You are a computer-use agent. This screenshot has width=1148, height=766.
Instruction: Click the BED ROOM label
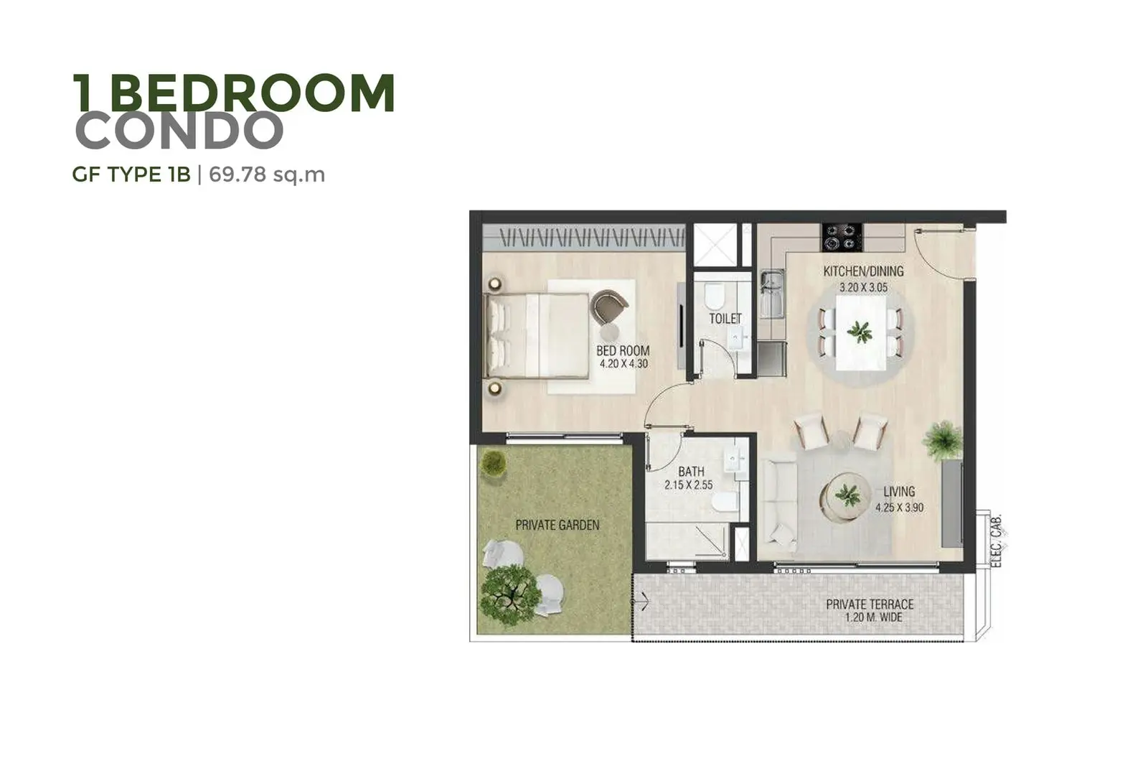[x=623, y=351]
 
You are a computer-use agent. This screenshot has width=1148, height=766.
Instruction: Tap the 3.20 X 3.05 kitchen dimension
[x=863, y=288]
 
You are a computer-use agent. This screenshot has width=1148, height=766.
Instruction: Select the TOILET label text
[x=725, y=319]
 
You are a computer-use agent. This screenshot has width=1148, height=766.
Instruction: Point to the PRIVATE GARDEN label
[x=557, y=525]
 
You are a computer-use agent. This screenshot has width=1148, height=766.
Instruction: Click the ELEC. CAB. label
[x=996, y=541]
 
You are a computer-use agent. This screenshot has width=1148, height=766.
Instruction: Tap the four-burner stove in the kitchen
[x=842, y=238]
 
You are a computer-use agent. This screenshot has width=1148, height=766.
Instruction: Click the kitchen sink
[x=771, y=294]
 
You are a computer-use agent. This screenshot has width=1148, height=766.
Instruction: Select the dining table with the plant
[x=860, y=333]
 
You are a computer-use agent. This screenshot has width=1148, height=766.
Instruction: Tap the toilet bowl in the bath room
[x=725, y=502]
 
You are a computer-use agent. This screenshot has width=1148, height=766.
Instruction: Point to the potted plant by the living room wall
[x=944, y=440]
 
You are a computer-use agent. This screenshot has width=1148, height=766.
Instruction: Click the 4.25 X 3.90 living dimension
[x=899, y=508]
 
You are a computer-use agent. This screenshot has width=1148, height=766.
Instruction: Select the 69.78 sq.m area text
[x=266, y=175]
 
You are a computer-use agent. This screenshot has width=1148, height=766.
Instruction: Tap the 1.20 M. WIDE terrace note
[x=873, y=617]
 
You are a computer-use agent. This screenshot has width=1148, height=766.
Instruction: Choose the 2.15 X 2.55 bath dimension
[x=688, y=485]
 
